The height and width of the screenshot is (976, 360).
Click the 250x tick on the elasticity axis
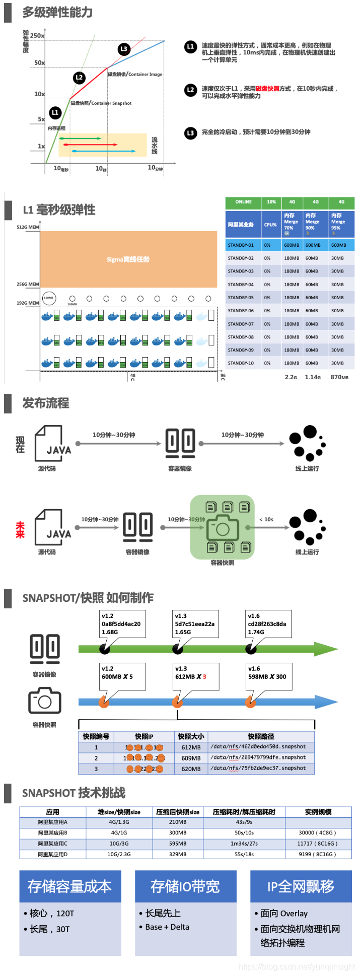[37, 36]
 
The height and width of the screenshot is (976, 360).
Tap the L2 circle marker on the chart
[79, 78]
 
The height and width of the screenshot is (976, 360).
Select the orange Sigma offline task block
[128, 259]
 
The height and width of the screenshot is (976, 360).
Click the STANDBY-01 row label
[241, 245]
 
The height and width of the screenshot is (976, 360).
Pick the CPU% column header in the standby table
[270, 225]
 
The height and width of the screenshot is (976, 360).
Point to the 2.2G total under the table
[291, 377]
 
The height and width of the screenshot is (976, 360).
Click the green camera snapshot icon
[222, 528]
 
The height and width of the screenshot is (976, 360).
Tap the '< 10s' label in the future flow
[266, 519]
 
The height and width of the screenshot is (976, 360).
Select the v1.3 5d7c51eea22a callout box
[195, 623]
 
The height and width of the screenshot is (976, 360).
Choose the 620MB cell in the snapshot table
[191, 769]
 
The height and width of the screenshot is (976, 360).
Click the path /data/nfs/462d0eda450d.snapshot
[258, 747]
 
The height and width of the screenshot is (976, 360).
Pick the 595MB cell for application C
[178, 844]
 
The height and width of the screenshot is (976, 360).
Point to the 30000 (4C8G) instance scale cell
[317, 833]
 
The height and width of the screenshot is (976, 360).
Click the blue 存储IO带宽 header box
[185, 886]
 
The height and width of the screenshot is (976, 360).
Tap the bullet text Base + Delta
[167, 927]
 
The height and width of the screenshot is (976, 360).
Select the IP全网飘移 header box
[301, 886]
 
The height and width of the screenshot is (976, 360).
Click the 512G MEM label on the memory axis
[28, 227]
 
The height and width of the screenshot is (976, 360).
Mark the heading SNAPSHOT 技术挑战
[74, 793]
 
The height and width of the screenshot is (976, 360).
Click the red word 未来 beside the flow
[20, 529]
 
